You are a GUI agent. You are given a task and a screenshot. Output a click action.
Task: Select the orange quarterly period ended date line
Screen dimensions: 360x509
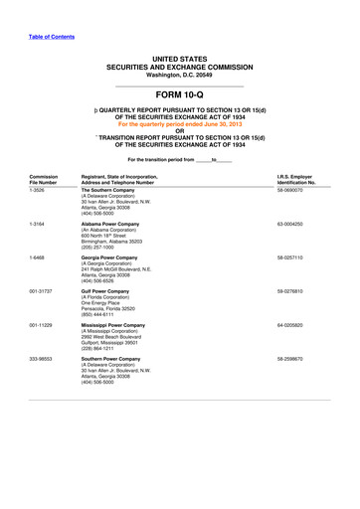(x=179, y=125)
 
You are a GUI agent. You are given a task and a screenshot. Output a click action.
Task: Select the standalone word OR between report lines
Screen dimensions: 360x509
(x=179, y=132)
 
